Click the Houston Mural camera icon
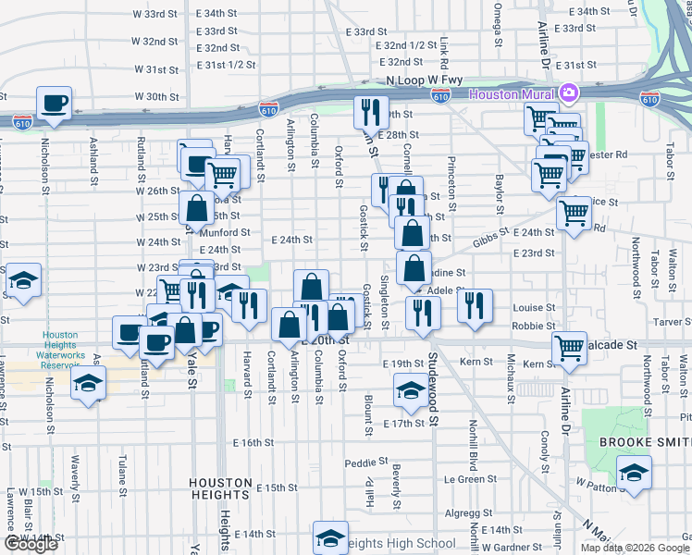coord(567,93)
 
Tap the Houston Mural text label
coord(512,93)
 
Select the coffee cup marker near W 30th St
coord(55,104)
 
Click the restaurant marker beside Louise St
coord(475,306)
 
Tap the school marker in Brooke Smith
coord(635,474)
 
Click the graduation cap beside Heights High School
coord(330,539)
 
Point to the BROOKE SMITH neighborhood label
coord(642,443)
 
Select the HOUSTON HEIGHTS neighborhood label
coord(220,483)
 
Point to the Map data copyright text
coord(634,548)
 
